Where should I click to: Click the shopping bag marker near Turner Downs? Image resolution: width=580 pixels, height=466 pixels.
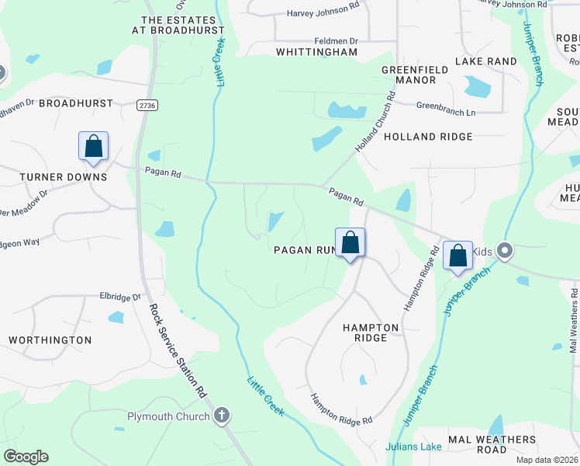click(x=93, y=146)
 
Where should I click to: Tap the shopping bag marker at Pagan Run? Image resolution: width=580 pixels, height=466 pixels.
click(x=350, y=242)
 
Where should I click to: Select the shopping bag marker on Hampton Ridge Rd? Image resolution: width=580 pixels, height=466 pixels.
click(x=458, y=255)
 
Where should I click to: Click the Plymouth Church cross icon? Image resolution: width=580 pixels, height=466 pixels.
click(x=223, y=416)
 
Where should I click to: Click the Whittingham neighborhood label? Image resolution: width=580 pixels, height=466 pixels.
click(x=317, y=52)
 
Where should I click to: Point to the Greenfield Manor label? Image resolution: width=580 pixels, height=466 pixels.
click(x=415, y=75)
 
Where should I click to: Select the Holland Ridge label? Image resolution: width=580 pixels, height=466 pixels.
click(x=428, y=137)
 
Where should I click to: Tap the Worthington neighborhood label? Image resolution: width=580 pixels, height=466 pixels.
click(x=50, y=340)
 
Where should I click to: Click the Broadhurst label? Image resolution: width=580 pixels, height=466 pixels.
click(x=76, y=103)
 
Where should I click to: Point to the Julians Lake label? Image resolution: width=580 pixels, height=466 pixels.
click(x=414, y=447)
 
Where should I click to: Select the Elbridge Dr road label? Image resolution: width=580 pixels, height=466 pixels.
click(x=121, y=297)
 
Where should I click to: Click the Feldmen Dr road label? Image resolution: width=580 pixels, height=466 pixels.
click(x=336, y=40)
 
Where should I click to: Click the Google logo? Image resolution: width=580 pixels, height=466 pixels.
click(x=26, y=457)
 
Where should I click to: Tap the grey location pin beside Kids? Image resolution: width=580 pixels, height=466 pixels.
click(x=505, y=251)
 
